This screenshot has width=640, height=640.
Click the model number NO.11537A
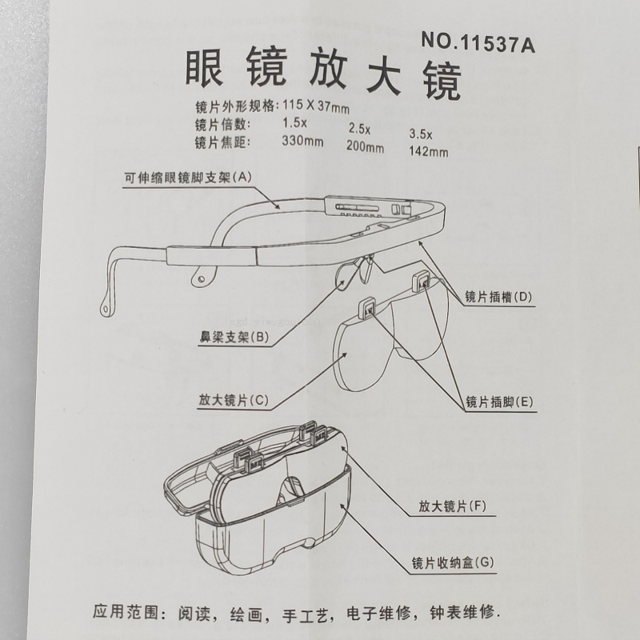(478, 43)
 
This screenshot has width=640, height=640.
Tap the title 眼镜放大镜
(323, 73)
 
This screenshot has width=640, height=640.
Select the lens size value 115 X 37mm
(316, 106)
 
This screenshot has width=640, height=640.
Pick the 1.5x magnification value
(294, 122)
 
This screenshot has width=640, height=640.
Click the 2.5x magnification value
(359, 129)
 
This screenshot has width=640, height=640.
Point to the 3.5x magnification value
(421, 134)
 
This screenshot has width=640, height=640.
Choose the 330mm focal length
(302, 142)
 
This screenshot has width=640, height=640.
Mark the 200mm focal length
(365, 146)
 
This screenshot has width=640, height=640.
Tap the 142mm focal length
(428, 151)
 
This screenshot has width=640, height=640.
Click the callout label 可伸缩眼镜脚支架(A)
(188, 178)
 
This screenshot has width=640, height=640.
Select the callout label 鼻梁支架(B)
(234, 337)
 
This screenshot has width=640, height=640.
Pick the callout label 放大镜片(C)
(234, 400)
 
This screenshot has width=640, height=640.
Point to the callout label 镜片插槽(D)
(498, 297)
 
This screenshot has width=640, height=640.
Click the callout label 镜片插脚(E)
(499, 402)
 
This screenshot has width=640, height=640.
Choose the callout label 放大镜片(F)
(452, 506)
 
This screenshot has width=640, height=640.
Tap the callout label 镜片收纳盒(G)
(453, 563)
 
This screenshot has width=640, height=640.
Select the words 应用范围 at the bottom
(125, 612)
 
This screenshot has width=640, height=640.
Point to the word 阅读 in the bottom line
(194, 614)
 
